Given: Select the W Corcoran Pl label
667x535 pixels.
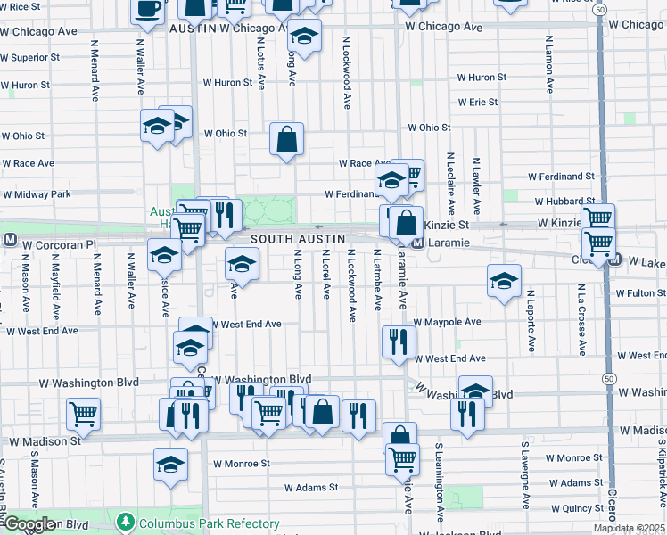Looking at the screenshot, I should coord(59,243).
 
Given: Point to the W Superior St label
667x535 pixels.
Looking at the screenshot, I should coord(31,59).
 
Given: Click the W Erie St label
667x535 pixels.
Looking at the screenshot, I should coord(478,103).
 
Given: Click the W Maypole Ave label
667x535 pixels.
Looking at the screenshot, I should coord(447,322).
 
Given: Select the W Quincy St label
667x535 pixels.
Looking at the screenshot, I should coord(577,508).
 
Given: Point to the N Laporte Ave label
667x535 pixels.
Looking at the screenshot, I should coord(530,319).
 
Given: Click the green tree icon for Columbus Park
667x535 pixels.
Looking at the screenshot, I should coord(127,521).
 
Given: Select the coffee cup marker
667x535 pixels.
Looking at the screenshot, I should coord(147,10).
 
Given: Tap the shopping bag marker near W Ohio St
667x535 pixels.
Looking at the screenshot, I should coord(286,139).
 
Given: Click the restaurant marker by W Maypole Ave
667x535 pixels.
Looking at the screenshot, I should coord(399,341).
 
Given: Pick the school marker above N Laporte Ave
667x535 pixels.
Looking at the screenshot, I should coord(504,280).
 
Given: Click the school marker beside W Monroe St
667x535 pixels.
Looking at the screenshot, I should coord(170,464).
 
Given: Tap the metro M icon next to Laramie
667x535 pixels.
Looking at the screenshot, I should coord(416,243).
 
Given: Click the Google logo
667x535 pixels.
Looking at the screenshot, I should coord(29,524).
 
